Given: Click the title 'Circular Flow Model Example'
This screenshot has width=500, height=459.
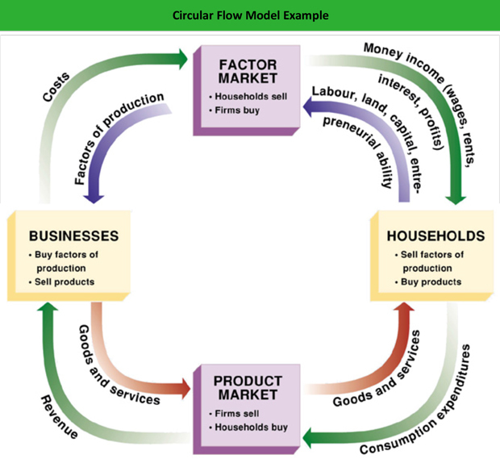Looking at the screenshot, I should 250,15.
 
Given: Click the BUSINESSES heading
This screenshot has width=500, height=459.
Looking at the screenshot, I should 73,236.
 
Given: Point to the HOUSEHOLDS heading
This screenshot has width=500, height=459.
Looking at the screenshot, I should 436,236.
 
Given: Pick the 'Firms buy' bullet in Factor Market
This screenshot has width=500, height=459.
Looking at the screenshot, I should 235,109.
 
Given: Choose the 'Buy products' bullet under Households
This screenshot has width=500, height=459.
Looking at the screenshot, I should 431,282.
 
